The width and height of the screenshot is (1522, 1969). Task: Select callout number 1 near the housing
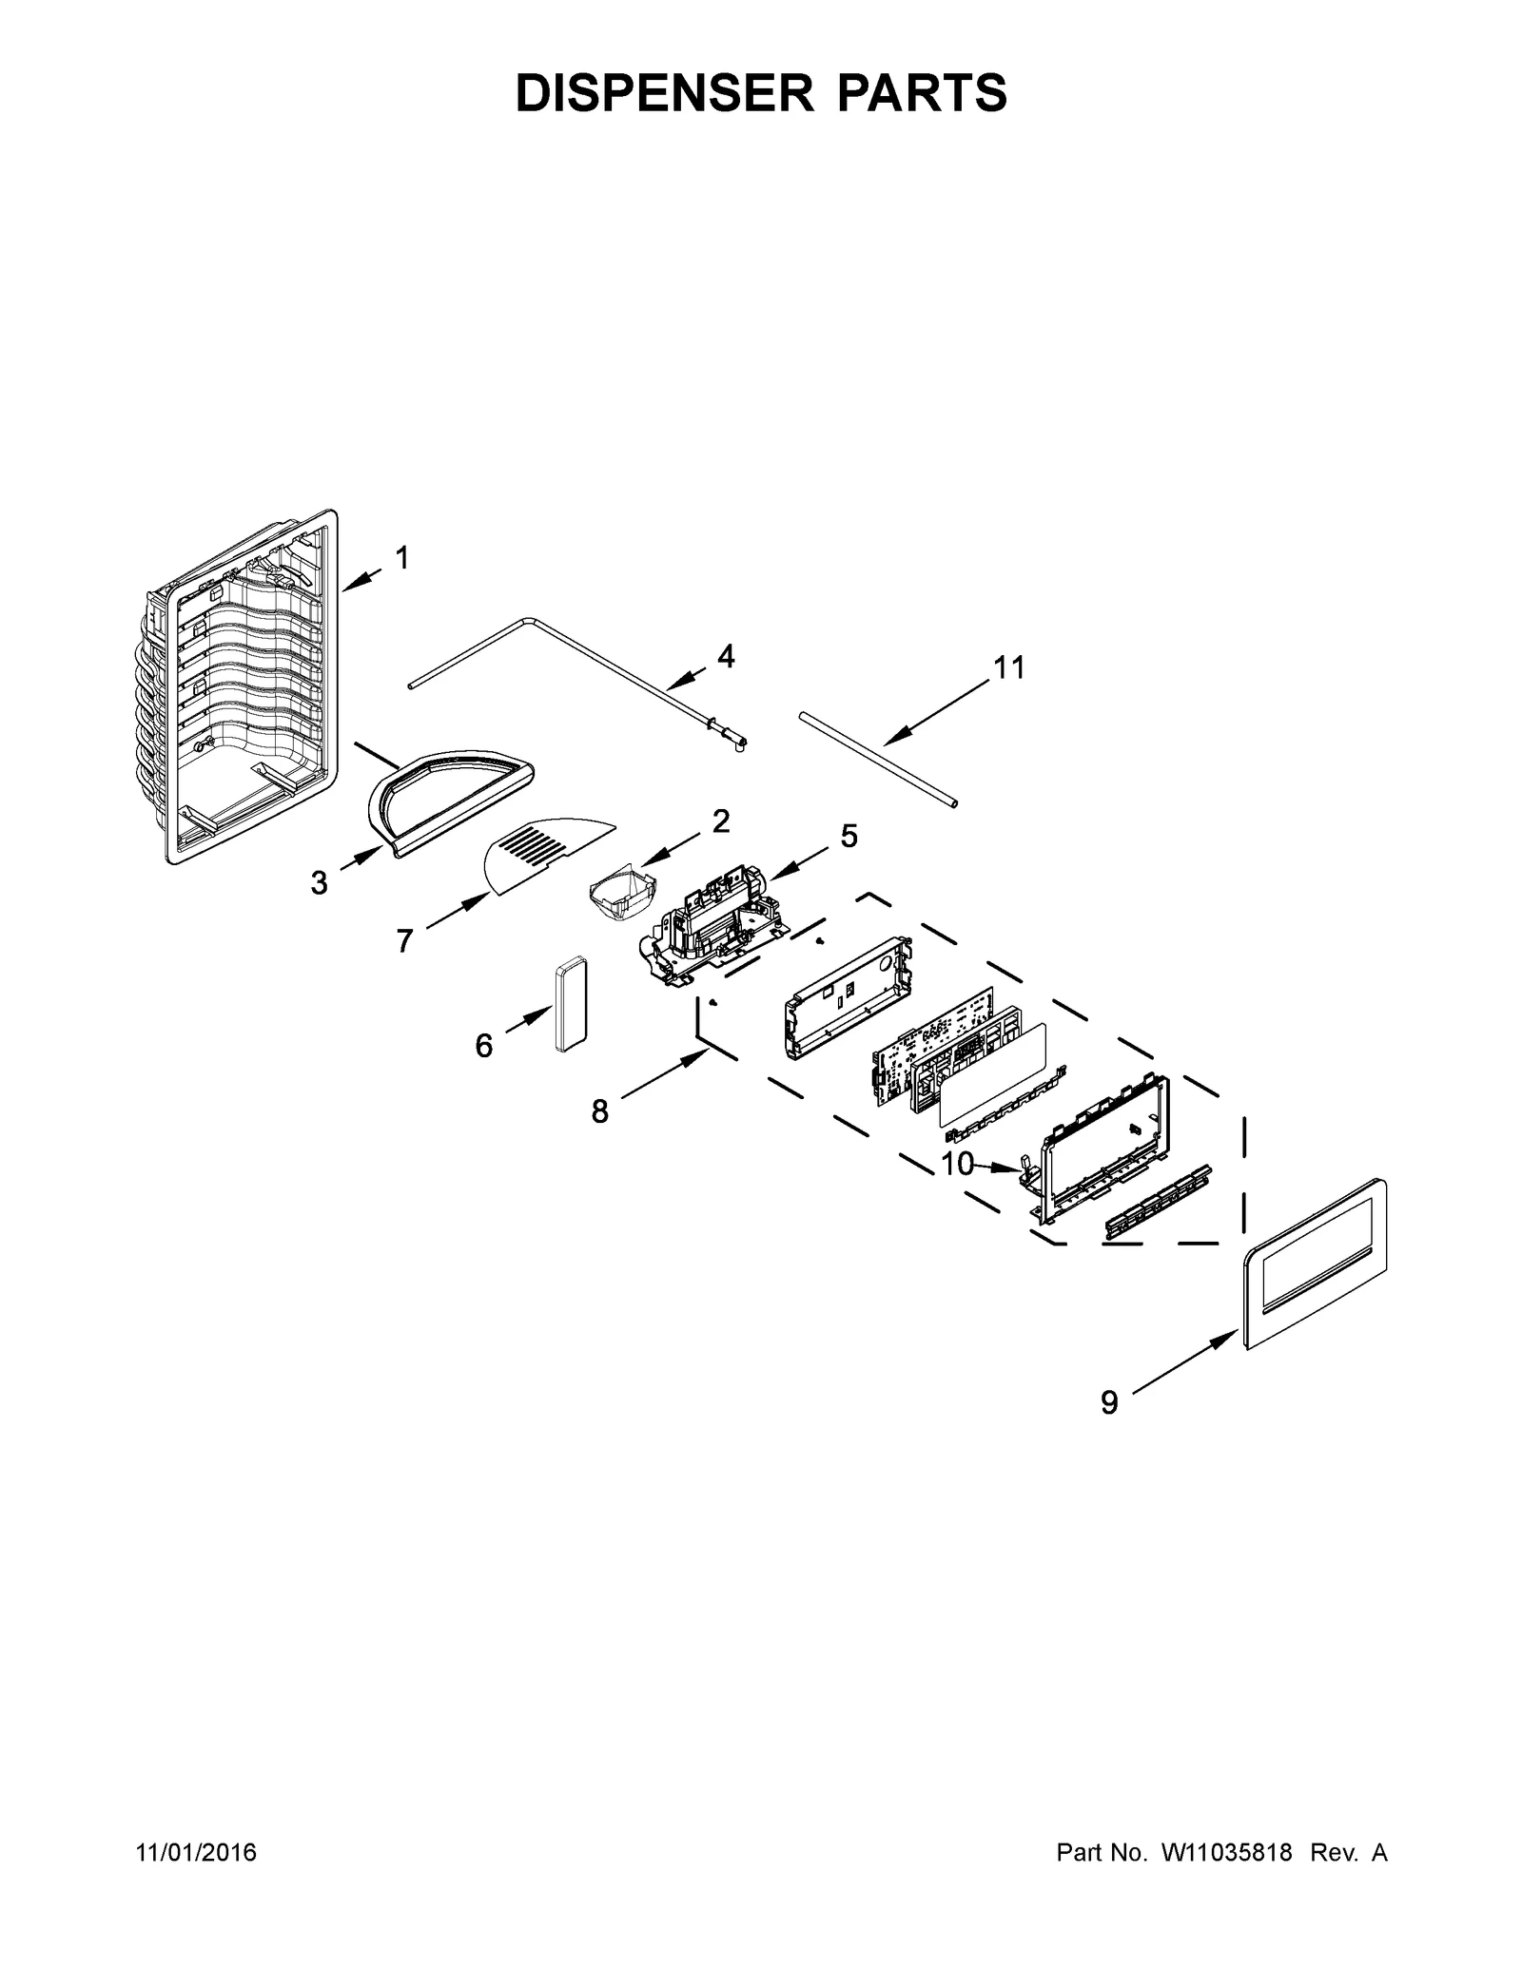click(402, 558)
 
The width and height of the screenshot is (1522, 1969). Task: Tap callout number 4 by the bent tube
click(726, 656)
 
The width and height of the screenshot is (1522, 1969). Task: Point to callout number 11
click(1009, 668)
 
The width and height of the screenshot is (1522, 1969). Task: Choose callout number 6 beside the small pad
click(484, 1047)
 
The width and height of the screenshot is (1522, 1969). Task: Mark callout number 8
click(599, 1110)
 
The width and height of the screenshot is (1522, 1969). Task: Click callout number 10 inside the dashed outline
click(958, 1164)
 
